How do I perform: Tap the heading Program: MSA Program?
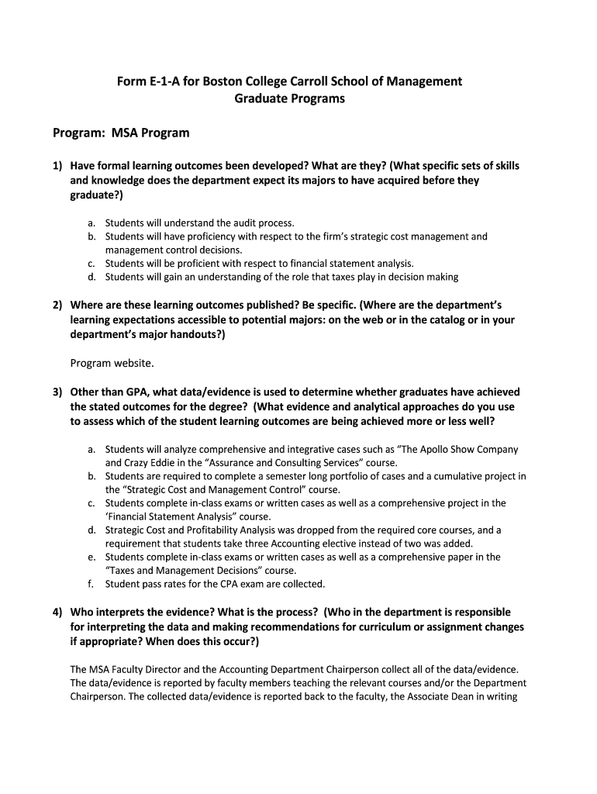pos(121,133)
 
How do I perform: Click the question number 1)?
pos(57,166)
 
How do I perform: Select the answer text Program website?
pos(112,363)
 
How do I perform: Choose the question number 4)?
pos(57,612)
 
